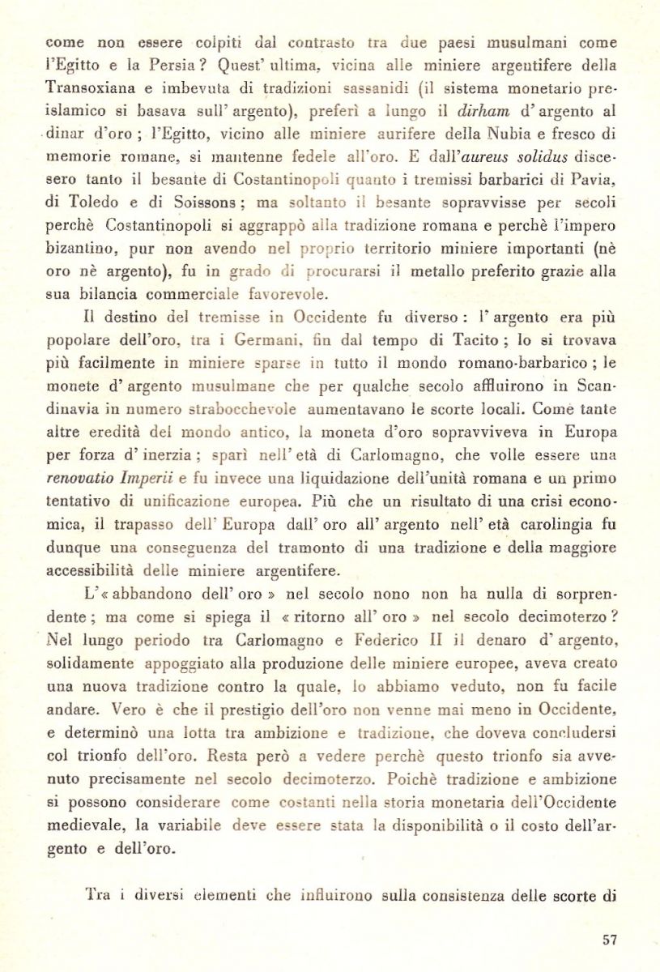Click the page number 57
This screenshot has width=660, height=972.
610,939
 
